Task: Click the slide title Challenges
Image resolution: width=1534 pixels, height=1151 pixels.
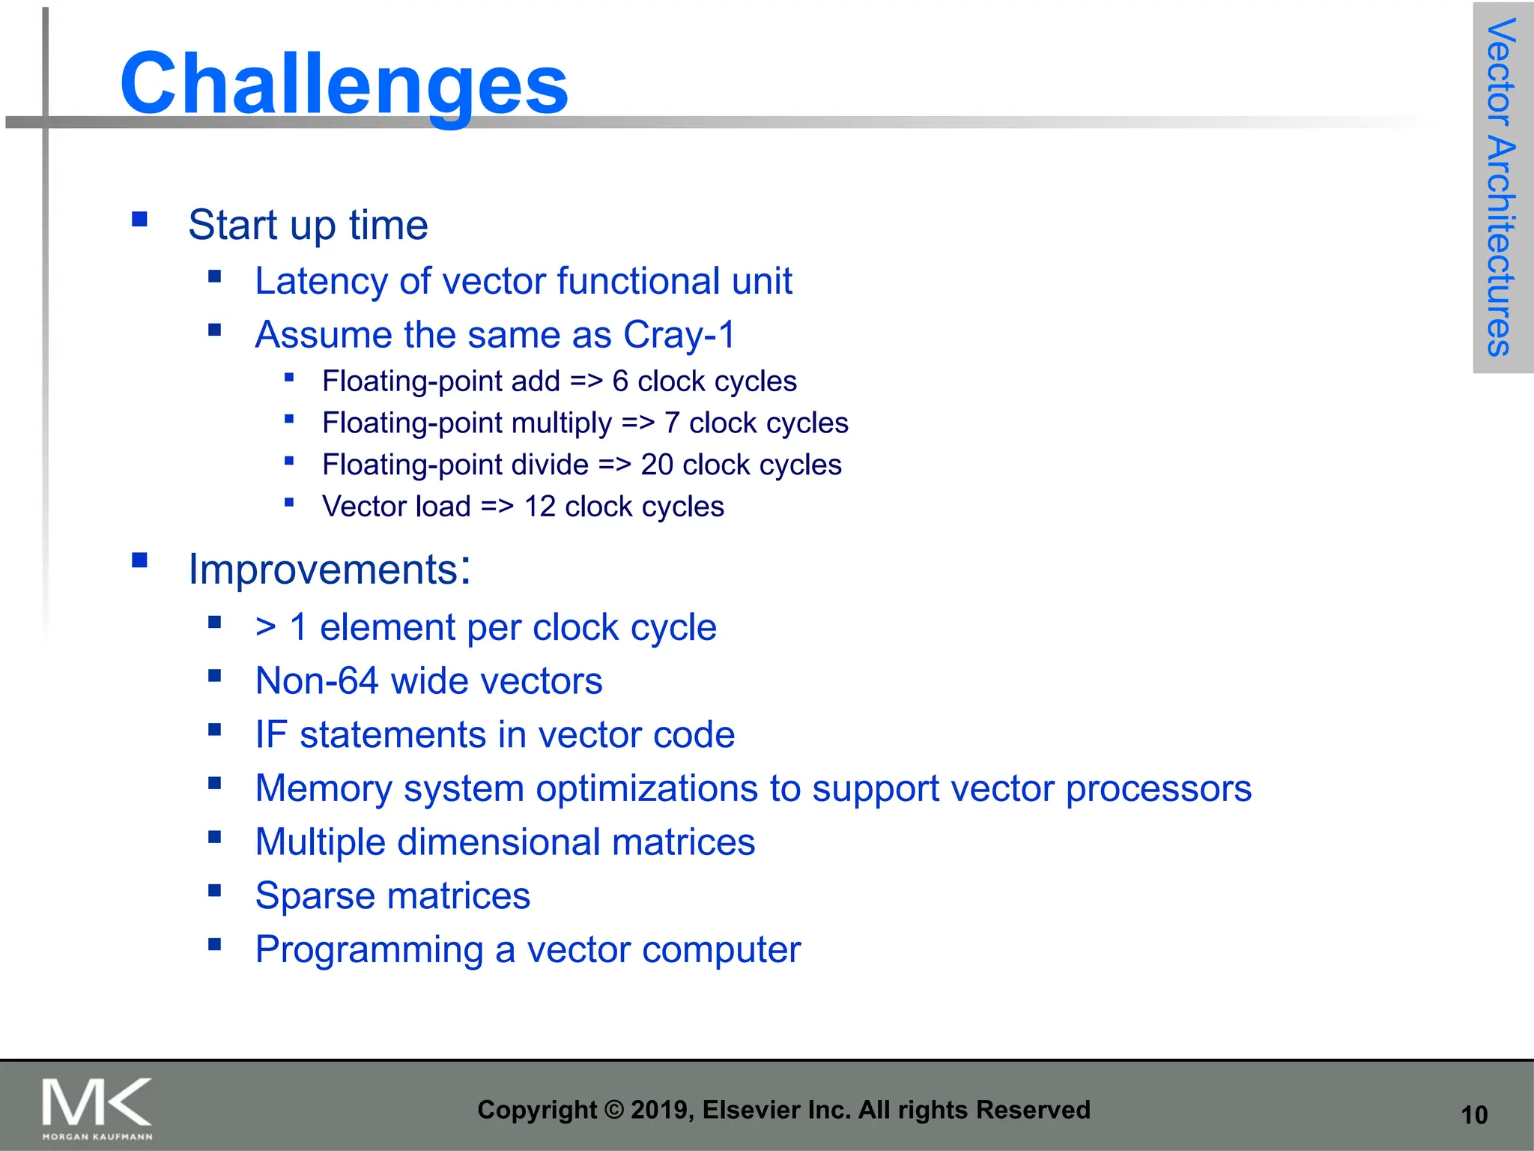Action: (344, 84)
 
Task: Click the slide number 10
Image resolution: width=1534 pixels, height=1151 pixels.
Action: (1473, 1115)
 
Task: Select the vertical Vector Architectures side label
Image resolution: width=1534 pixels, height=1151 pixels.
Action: (1501, 187)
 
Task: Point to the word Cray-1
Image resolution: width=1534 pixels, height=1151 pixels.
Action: (679, 335)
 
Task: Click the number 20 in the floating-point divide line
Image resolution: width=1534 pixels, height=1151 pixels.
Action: (657, 465)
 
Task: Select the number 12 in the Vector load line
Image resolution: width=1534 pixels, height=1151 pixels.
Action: (539, 507)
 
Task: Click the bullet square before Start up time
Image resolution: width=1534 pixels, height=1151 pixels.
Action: (139, 220)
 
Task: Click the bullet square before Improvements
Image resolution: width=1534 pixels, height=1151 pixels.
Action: (139, 561)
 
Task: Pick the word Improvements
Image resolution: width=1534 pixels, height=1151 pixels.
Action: (323, 570)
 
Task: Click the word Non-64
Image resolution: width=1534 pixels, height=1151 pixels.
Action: (317, 681)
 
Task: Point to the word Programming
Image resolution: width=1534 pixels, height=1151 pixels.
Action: (369, 950)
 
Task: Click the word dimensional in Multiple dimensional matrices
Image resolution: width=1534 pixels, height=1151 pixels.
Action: (498, 842)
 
